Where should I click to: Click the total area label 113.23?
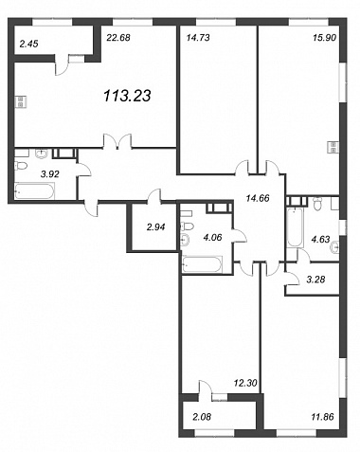127,96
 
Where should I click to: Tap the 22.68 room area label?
118,38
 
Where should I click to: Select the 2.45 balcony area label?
28,44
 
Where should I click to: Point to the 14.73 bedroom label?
198,38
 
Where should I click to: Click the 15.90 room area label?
324,38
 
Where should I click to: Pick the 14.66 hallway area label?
258,198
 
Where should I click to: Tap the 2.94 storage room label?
156,226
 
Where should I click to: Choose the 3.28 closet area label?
315,280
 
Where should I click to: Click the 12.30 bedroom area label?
245,383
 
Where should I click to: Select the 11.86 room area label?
322,417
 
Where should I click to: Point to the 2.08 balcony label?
202,417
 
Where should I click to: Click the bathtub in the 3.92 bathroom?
34,190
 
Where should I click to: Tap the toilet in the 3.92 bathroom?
20,165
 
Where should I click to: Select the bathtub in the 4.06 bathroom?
202,263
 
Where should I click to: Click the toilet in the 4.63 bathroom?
316,203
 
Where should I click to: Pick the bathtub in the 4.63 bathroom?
295,226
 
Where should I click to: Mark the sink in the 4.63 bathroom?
334,246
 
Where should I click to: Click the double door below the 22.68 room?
117,141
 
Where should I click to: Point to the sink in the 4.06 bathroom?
185,240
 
